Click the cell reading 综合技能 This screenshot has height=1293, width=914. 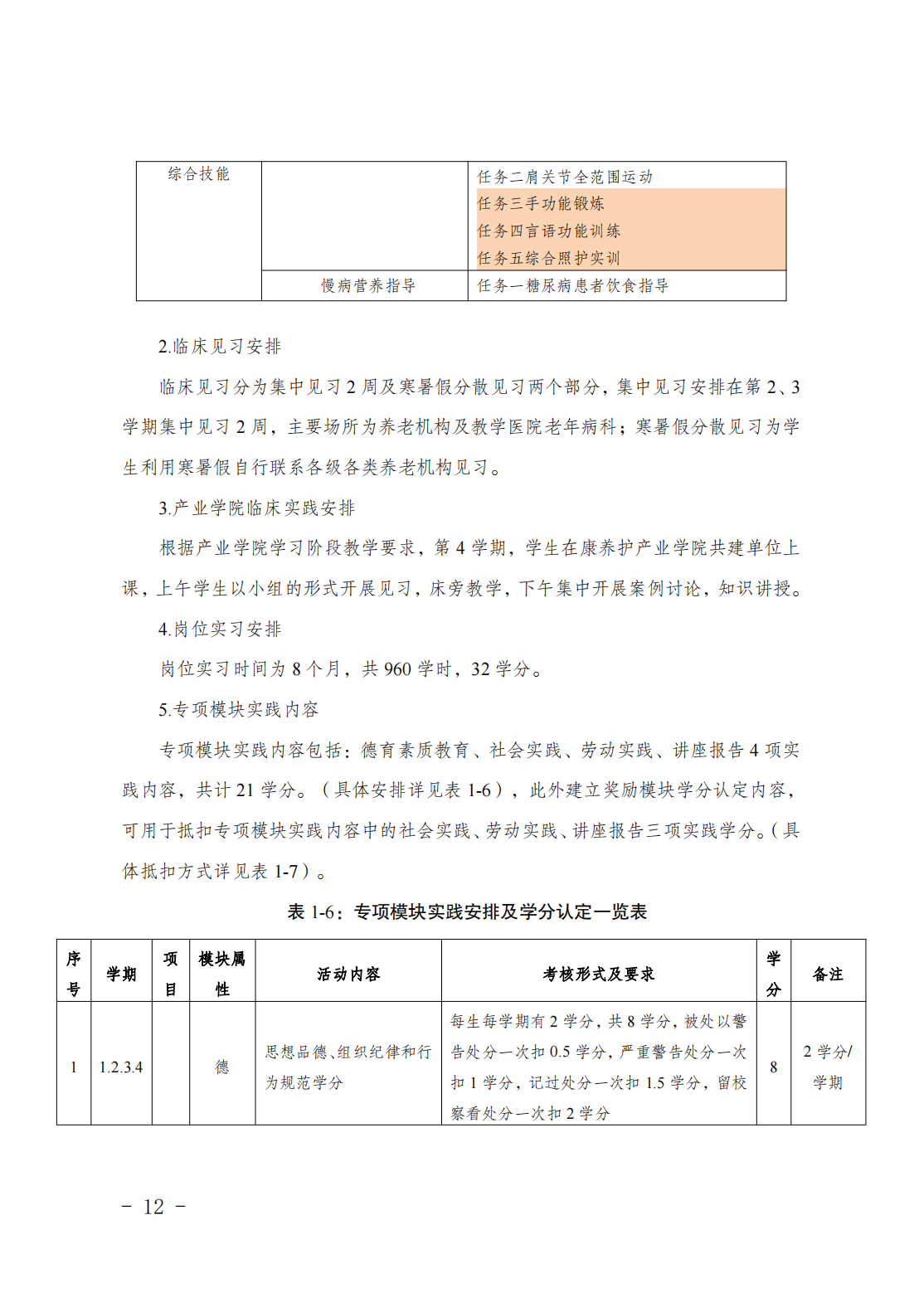pos(198,174)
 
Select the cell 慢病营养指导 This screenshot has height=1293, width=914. pos(368,286)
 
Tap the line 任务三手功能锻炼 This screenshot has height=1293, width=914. pos(541,204)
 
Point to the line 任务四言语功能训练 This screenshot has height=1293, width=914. pos(549,231)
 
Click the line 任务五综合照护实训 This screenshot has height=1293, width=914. pos(549,259)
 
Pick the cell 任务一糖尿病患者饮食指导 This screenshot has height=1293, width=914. pos(573,286)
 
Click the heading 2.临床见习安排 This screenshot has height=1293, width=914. pos(220,347)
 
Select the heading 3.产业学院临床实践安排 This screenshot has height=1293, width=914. pos(256,508)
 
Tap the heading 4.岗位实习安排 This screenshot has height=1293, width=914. pos(220,629)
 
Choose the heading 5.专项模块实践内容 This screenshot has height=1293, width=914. pos(238,710)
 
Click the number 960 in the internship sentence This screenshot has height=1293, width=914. pos(397,669)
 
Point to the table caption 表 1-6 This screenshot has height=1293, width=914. pos(467,912)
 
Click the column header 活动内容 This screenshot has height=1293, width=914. pos(348,975)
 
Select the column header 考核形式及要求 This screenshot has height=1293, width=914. pos(599,975)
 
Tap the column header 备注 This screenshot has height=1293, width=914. pos(828,975)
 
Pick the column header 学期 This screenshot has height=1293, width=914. pos(121,975)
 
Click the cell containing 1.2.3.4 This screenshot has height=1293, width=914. pos(121,1067)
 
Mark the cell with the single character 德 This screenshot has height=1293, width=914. pos(222,1067)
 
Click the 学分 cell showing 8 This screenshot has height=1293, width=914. pos(774,1067)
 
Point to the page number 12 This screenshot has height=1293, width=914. pos(153,1208)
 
